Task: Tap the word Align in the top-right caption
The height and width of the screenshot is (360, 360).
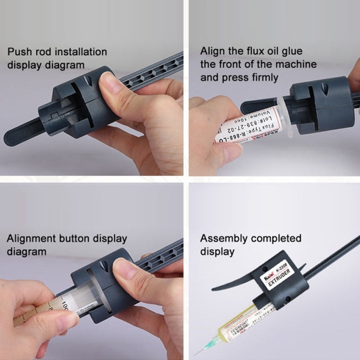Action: [212, 51]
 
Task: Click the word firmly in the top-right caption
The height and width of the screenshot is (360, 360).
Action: [260, 77]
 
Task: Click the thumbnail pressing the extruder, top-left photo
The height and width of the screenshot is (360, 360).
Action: [111, 86]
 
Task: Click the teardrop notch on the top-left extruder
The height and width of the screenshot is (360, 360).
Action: [87, 80]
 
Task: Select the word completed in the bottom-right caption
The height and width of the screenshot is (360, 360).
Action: [279, 238]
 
